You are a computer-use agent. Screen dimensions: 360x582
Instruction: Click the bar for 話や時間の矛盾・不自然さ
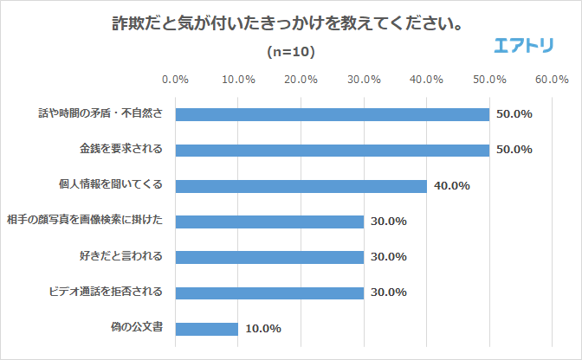333,114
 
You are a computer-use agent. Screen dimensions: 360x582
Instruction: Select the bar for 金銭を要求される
333,150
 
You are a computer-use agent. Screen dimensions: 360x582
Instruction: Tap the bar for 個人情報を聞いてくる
301,186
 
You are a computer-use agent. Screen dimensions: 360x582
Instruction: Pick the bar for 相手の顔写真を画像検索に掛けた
269,222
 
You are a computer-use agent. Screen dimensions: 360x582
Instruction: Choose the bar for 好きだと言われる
269,257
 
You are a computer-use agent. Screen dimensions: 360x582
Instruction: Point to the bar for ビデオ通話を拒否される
269,292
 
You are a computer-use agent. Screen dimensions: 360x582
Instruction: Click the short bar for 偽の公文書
207,329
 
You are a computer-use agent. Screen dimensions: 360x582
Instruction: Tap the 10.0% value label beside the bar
263,329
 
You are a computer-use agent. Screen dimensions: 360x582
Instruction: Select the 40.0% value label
451,186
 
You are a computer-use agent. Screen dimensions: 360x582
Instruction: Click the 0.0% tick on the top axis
176,80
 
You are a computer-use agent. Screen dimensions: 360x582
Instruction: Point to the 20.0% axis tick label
301,80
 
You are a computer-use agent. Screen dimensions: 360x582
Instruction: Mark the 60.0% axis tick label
552,80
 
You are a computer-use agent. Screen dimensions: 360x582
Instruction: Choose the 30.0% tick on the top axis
364,80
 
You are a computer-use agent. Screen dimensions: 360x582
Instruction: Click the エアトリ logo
523,45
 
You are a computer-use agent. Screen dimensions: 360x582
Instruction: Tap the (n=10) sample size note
290,52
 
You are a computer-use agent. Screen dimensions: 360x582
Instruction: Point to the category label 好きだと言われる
126,256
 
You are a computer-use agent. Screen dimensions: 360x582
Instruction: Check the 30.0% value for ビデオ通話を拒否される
389,292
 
